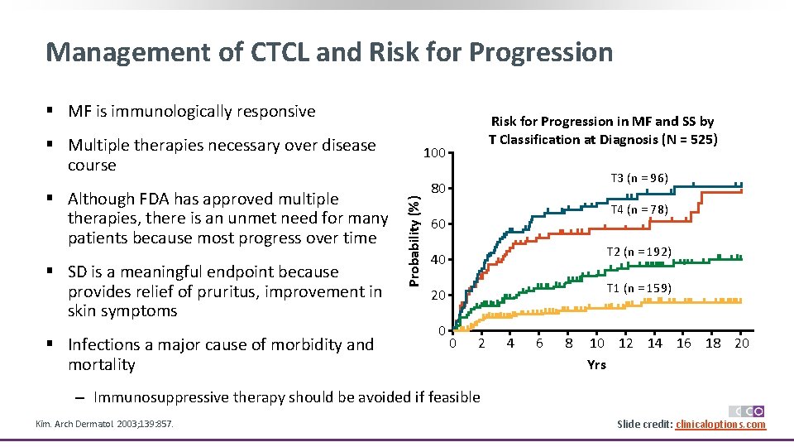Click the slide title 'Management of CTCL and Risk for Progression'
pos(329,52)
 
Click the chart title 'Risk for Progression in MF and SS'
pos(602,131)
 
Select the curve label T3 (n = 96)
pos(639,178)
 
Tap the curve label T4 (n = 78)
pos(639,209)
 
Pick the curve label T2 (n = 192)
pos(639,252)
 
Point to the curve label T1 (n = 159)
pos(639,288)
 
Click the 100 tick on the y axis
pos(435,153)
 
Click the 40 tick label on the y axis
pos(438,260)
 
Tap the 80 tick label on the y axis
pos(438,189)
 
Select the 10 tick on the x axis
pos(596,344)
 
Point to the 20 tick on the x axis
pos(742,344)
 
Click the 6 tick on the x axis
pos(538,344)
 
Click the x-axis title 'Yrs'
pos(596,364)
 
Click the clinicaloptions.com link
pos(720,425)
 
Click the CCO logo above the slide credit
pos(746,411)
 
